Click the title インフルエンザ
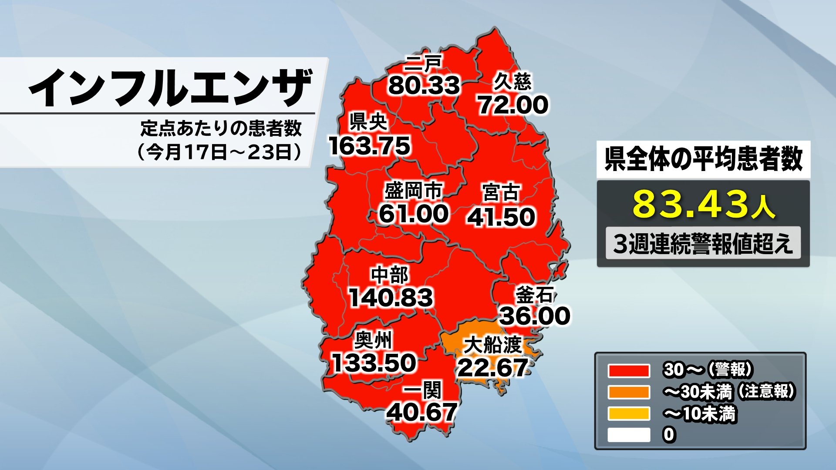(x=170, y=88)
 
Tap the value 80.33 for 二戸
(x=424, y=85)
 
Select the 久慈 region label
(x=512, y=81)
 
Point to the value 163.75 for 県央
(x=370, y=146)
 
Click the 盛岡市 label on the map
(x=413, y=191)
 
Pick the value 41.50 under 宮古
(x=501, y=217)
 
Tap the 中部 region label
(x=390, y=275)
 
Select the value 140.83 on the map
(x=391, y=298)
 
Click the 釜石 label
(x=534, y=295)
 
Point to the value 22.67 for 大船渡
(x=493, y=368)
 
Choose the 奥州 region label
(x=373, y=340)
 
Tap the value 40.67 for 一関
(x=422, y=412)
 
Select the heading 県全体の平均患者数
(x=703, y=159)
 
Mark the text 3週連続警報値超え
(x=703, y=243)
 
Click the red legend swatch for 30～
(x=629, y=371)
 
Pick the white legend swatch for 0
(x=629, y=435)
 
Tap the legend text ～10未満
(x=699, y=414)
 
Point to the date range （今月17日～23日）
(x=220, y=152)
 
